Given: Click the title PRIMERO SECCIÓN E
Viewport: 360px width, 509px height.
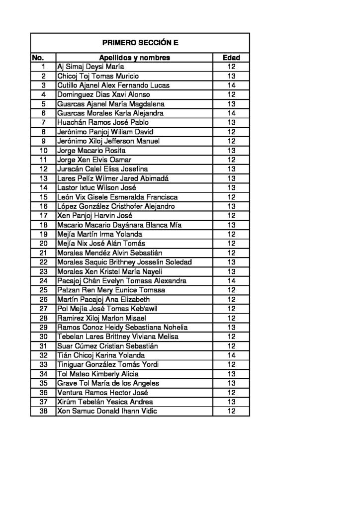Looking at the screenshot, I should point(140,43).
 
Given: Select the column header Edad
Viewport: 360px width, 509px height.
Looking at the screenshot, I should point(231,58).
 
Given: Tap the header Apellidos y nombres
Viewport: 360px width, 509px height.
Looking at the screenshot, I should point(135,58).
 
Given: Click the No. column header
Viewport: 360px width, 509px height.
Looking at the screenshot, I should point(38,58).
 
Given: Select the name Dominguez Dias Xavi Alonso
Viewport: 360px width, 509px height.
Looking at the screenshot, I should point(104,94).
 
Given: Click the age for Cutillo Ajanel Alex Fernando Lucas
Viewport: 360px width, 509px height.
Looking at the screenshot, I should point(231,85).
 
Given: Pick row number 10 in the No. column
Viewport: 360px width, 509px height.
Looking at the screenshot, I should point(43,151).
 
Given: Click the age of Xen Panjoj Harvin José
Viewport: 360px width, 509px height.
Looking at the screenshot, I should point(231,216).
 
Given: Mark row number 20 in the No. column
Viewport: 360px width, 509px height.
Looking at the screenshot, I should point(43,244).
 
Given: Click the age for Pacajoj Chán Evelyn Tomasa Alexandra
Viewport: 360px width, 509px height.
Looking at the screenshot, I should point(231,281).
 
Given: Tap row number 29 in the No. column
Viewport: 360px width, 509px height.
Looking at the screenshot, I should point(43,327).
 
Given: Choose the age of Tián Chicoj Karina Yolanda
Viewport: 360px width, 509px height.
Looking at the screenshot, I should point(231,355).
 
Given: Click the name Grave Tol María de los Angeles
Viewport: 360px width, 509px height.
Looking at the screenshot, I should point(108,383).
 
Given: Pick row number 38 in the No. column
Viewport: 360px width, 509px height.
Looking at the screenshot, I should point(43,411).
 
